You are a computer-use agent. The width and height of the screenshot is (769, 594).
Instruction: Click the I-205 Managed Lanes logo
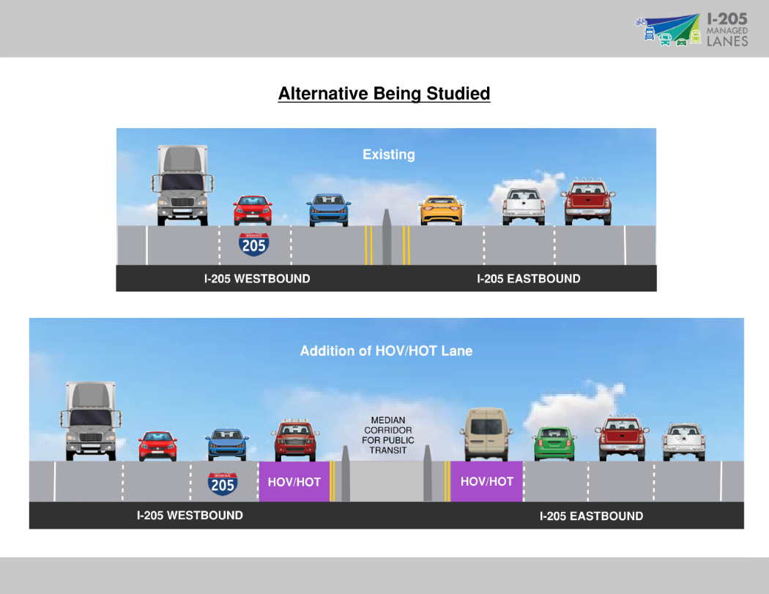pyautogui.click(x=691, y=30)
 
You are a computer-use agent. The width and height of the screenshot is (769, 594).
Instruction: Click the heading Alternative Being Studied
pyautogui.click(x=384, y=94)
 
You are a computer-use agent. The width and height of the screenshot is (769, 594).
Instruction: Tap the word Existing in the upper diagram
pyautogui.click(x=388, y=155)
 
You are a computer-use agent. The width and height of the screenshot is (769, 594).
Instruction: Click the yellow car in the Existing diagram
pyautogui.click(x=442, y=209)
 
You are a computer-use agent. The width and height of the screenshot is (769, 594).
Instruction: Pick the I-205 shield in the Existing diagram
pyautogui.click(x=253, y=244)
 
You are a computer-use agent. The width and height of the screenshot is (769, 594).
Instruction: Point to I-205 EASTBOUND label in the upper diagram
pyautogui.click(x=528, y=278)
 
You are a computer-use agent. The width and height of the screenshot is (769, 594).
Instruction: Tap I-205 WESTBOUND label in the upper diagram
pyautogui.click(x=256, y=278)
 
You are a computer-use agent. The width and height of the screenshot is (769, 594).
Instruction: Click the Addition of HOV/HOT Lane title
pyautogui.click(x=386, y=351)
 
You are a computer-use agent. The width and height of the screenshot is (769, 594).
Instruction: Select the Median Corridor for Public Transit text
pyautogui.click(x=387, y=435)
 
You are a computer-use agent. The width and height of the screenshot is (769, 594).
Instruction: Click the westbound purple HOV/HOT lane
pyautogui.click(x=294, y=481)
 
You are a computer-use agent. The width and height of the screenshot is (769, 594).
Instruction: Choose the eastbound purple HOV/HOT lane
pyautogui.click(x=486, y=481)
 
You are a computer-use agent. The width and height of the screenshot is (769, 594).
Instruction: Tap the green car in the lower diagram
pyautogui.click(x=555, y=443)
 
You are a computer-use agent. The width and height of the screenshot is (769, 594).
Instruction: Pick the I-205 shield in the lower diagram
pyautogui.click(x=222, y=483)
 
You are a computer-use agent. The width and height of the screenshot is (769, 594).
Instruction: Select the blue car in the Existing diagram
pyautogui.click(x=328, y=209)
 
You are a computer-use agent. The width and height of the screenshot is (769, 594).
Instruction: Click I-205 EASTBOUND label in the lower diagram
pyautogui.click(x=591, y=516)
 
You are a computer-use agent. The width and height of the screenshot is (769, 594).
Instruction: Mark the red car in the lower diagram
pyautogui.click(x=157, y=445)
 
